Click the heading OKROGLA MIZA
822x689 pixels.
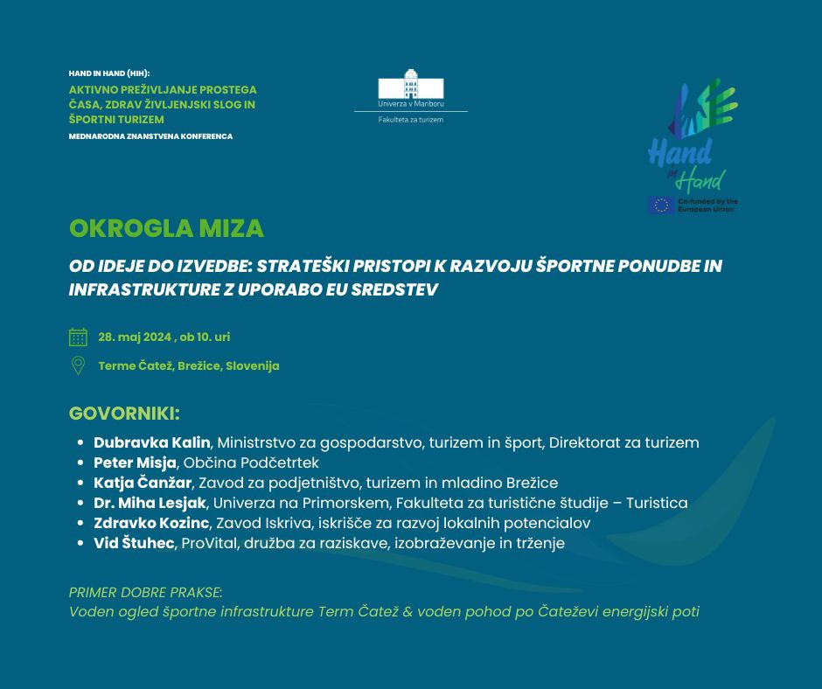(x=166, y=228)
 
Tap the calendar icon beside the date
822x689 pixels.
(x=78, y=337)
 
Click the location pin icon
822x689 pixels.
(x=78, y=365)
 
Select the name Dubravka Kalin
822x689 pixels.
(x=152, y=442)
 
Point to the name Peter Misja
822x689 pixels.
(x=136, y=463)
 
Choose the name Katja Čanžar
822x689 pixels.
(x=143, y=483)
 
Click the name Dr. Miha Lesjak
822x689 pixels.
(x=150, y=503)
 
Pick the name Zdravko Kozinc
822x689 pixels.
(x=151, y=523)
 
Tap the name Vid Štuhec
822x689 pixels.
(x=135, y=543)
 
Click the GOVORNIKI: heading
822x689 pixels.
(x=124, y=413)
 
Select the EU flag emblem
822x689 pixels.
(x=661, y=205)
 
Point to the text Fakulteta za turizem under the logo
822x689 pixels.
(x=410, y=120)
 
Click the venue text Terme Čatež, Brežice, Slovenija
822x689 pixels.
(x=189, y=365)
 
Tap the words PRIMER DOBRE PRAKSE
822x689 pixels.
(x=145, y=592)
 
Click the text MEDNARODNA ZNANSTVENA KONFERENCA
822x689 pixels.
(x=150, y=136)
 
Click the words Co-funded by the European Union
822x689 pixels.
(x=709, y=205)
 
